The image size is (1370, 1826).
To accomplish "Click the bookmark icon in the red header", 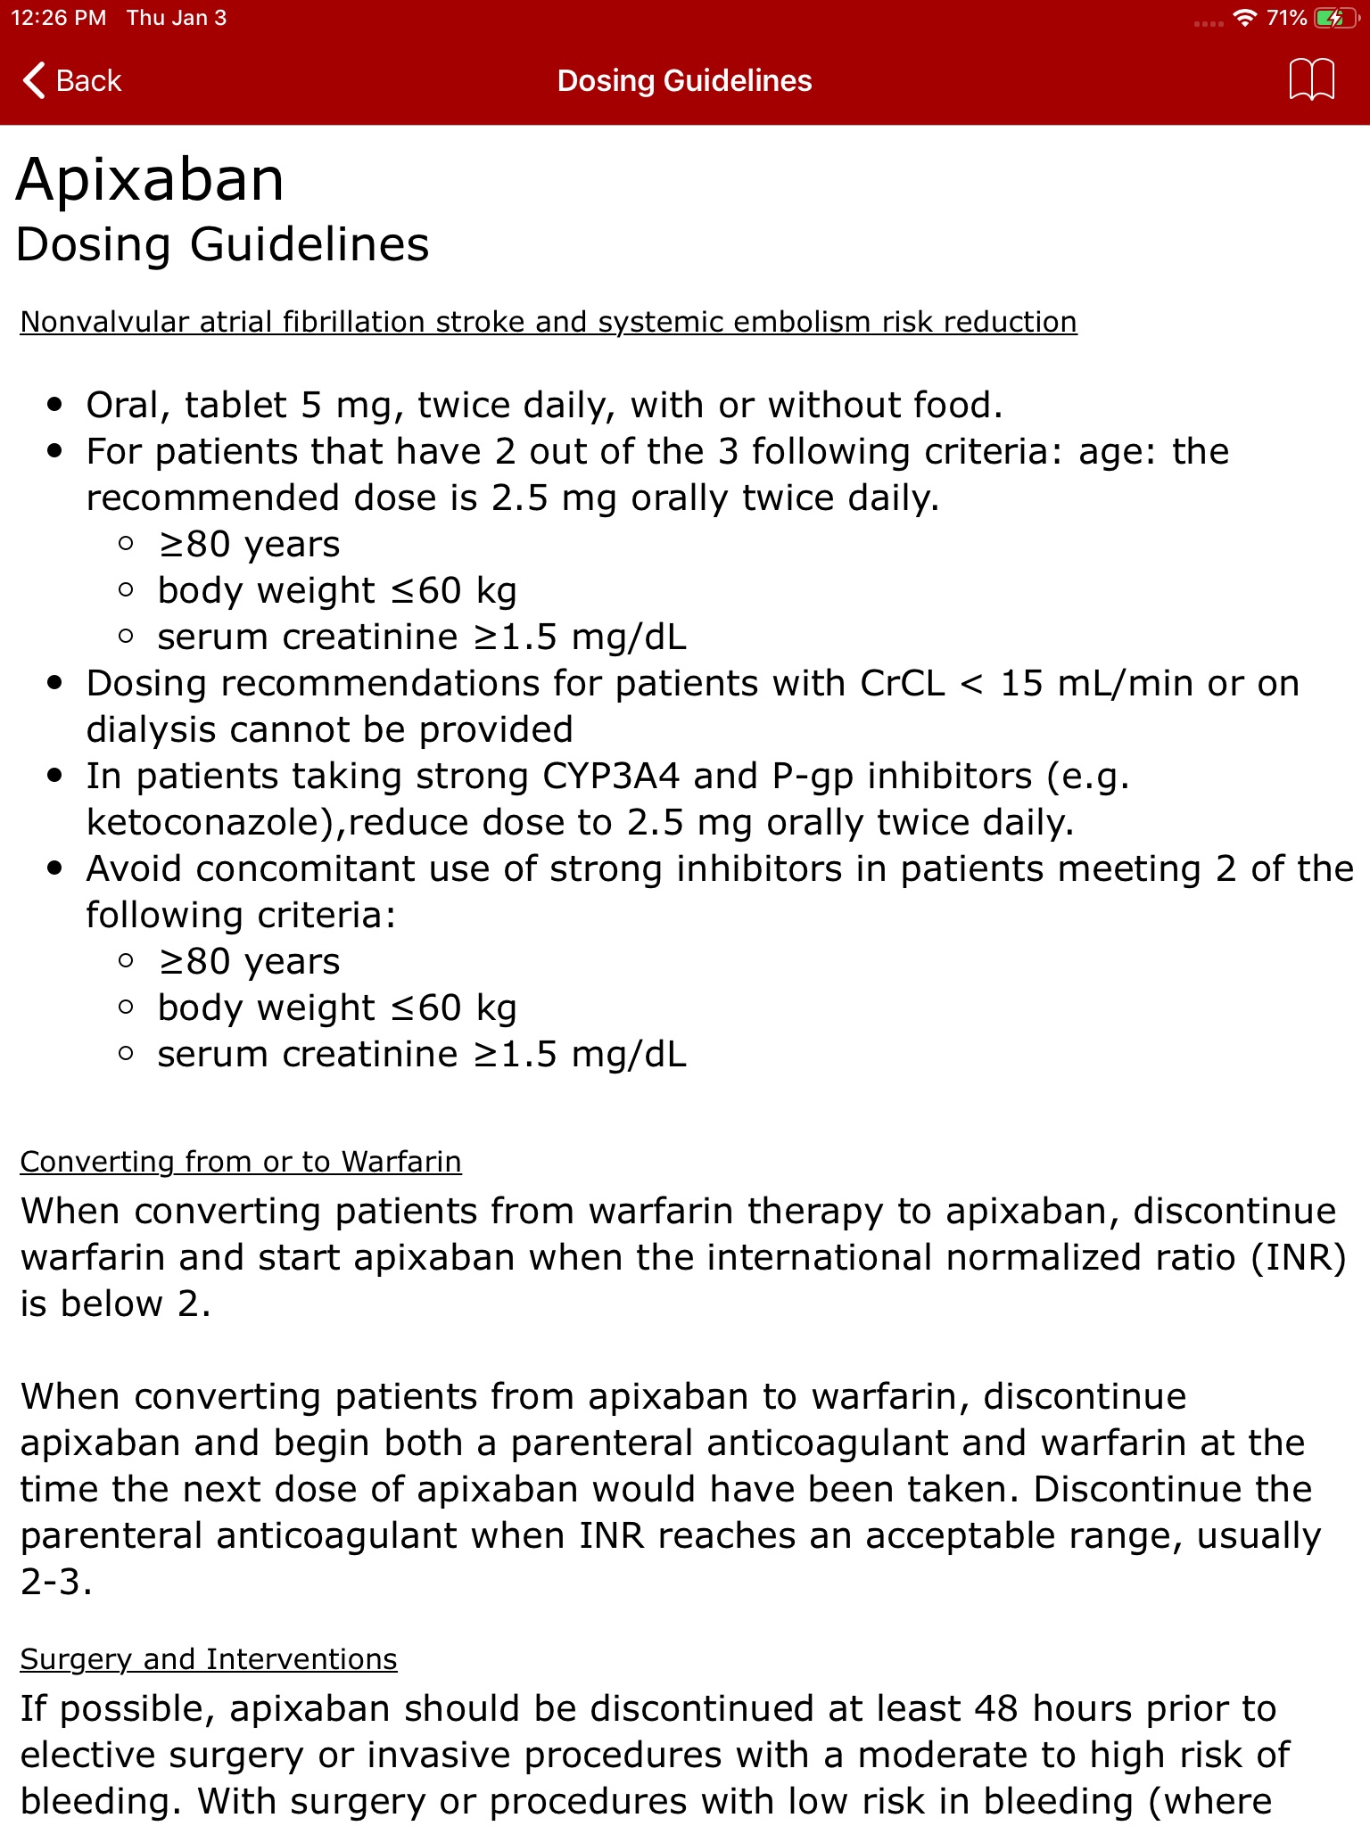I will pos(1311,80).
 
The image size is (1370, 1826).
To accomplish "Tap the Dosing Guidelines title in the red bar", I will pos(684,80).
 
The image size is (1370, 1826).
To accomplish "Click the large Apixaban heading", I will pos(150,179).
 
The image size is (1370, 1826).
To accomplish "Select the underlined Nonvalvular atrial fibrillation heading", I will pos(548,322).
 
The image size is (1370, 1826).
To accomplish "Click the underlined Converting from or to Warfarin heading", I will pos(241,1162).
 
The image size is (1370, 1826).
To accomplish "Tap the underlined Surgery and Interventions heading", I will pos(208,1659).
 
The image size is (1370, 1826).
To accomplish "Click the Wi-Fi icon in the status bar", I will pos(1243,18).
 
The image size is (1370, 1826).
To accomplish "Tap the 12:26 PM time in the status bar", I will pos(59,18).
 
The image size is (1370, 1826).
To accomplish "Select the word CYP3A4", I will pos(611,777).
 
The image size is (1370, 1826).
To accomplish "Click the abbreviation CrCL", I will pos(902,684).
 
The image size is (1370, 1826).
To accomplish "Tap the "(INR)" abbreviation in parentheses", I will pos(1299,1258).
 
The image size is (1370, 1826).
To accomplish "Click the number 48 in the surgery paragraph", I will pos(995,1709).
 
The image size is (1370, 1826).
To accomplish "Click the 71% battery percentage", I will pos(1286,18).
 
